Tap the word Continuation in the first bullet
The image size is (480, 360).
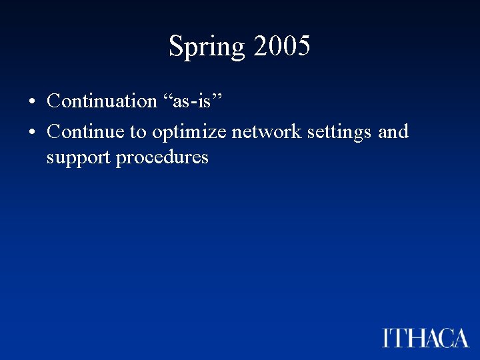point(102,101)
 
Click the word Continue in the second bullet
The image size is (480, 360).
point(86,131)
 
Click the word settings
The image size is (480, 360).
point(340,133)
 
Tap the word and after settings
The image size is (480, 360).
point(393,131)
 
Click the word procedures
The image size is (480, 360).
point(162,157)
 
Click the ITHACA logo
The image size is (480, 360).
point(426,337)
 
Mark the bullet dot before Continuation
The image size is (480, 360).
point(31,102)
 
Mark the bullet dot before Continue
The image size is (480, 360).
point(31,133)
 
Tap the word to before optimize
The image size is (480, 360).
point(138,132)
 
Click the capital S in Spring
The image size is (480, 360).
point(176,46)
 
